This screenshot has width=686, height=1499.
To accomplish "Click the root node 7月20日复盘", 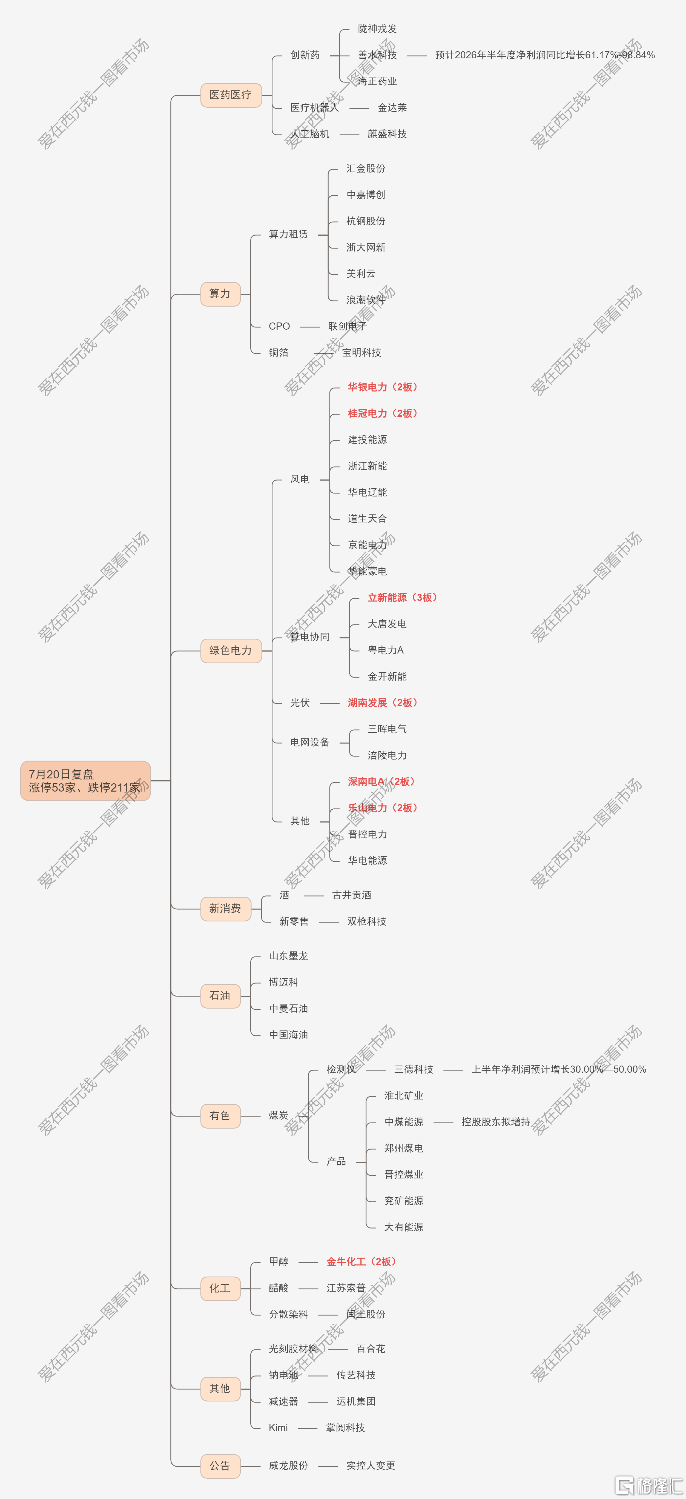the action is click(x=85, y=780).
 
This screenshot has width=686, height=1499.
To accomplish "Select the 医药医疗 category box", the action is click(x=231, y=95).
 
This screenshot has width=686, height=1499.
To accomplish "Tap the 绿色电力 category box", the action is click(x=231, y=650).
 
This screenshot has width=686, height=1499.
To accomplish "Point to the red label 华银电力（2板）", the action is click(x=382, y=387).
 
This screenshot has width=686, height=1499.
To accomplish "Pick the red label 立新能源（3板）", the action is click(x=402, y=598).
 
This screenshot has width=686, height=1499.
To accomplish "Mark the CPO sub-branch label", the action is click(x=279, y=326).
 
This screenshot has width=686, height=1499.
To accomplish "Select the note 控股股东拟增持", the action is click(x=496, y=1122).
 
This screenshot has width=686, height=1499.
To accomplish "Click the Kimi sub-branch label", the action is click(x=278, y=1427).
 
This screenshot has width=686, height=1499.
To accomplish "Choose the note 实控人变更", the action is click(x=371, y=1465).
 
